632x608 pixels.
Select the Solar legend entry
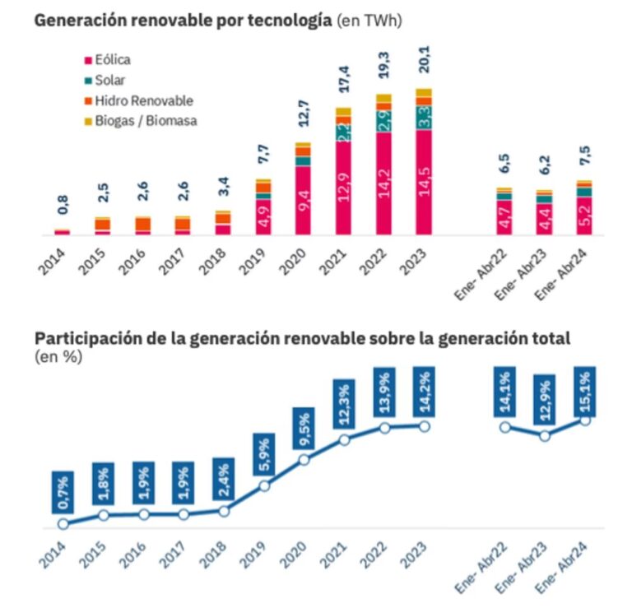(x=106, y=80)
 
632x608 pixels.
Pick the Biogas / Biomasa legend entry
(x=139, y=121)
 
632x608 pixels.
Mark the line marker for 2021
(x=345, y=440)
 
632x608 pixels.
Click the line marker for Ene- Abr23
(x=545, y=436)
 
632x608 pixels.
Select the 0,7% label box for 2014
(x=63, y=494)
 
